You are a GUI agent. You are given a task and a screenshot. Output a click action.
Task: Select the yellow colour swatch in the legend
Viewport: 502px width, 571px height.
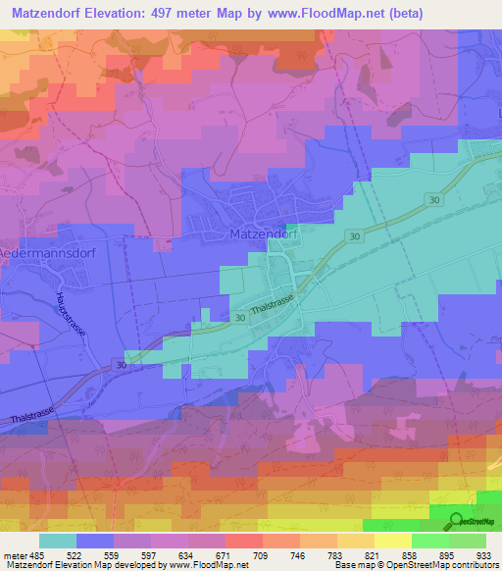point(393,541)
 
